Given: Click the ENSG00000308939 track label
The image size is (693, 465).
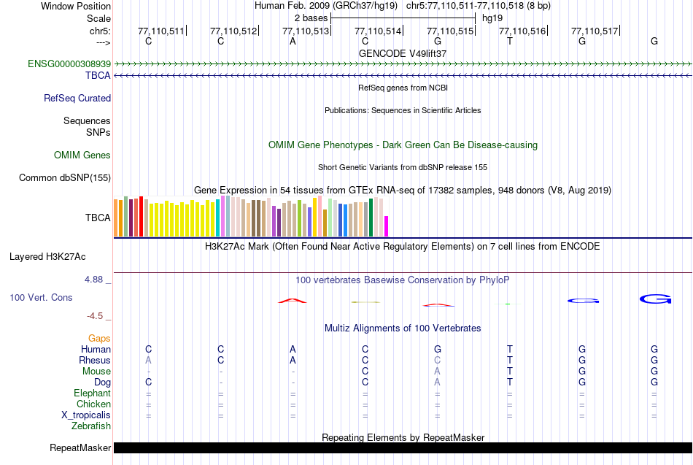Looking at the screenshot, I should click(x=69, y=64).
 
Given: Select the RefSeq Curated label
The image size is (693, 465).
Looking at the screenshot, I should click(x=77, y=99).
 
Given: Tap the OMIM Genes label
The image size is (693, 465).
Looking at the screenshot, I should click(x=82, y=155).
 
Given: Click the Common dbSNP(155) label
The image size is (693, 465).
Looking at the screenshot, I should click(x=65, y=177).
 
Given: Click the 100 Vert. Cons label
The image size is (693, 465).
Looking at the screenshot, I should click(x=41, y=298).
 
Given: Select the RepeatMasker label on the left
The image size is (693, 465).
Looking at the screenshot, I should click(x=80, y=447).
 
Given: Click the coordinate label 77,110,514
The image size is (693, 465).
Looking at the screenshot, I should click(x=378, y=31).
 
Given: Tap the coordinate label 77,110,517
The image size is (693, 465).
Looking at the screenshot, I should click(x=595, y=31).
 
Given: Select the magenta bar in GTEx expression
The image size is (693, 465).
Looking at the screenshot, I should click(x=387, y=226).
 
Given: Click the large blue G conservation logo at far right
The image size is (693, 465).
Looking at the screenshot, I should click(x=654, y=299).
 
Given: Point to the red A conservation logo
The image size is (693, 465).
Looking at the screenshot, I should click(x=293, y=301).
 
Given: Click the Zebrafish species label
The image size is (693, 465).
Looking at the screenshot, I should click(x=91, y=426).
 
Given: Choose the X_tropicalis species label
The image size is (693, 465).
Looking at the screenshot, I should click(x=86, y=415).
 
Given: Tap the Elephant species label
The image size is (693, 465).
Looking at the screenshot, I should click(x=92, y=393).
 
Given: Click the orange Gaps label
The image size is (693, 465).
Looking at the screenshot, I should click(x=99, y=339).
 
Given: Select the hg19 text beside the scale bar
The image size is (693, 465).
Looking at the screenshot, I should click(x=492, y=17).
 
